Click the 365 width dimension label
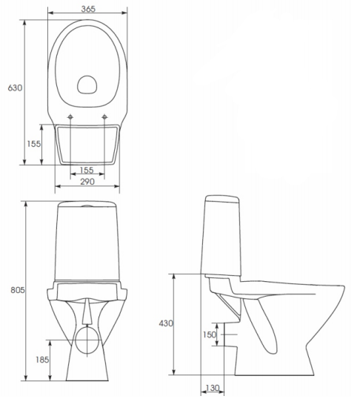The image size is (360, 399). click(x=88, y=9)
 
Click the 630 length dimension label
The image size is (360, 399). click(x=15, y=88)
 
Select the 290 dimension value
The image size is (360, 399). click(x=87, y=182)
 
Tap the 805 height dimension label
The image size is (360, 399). click(x=18, y=290)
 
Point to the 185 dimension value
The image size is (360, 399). click(x=42, y=360)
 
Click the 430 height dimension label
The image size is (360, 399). click(x=166, y=323)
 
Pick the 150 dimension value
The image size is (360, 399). click(x=209, y=334)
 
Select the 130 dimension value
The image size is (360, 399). click(x=213, y=388)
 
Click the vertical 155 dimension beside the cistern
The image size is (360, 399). click(x=34, y=144)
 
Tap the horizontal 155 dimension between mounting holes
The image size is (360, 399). click(x=87, y=170)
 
